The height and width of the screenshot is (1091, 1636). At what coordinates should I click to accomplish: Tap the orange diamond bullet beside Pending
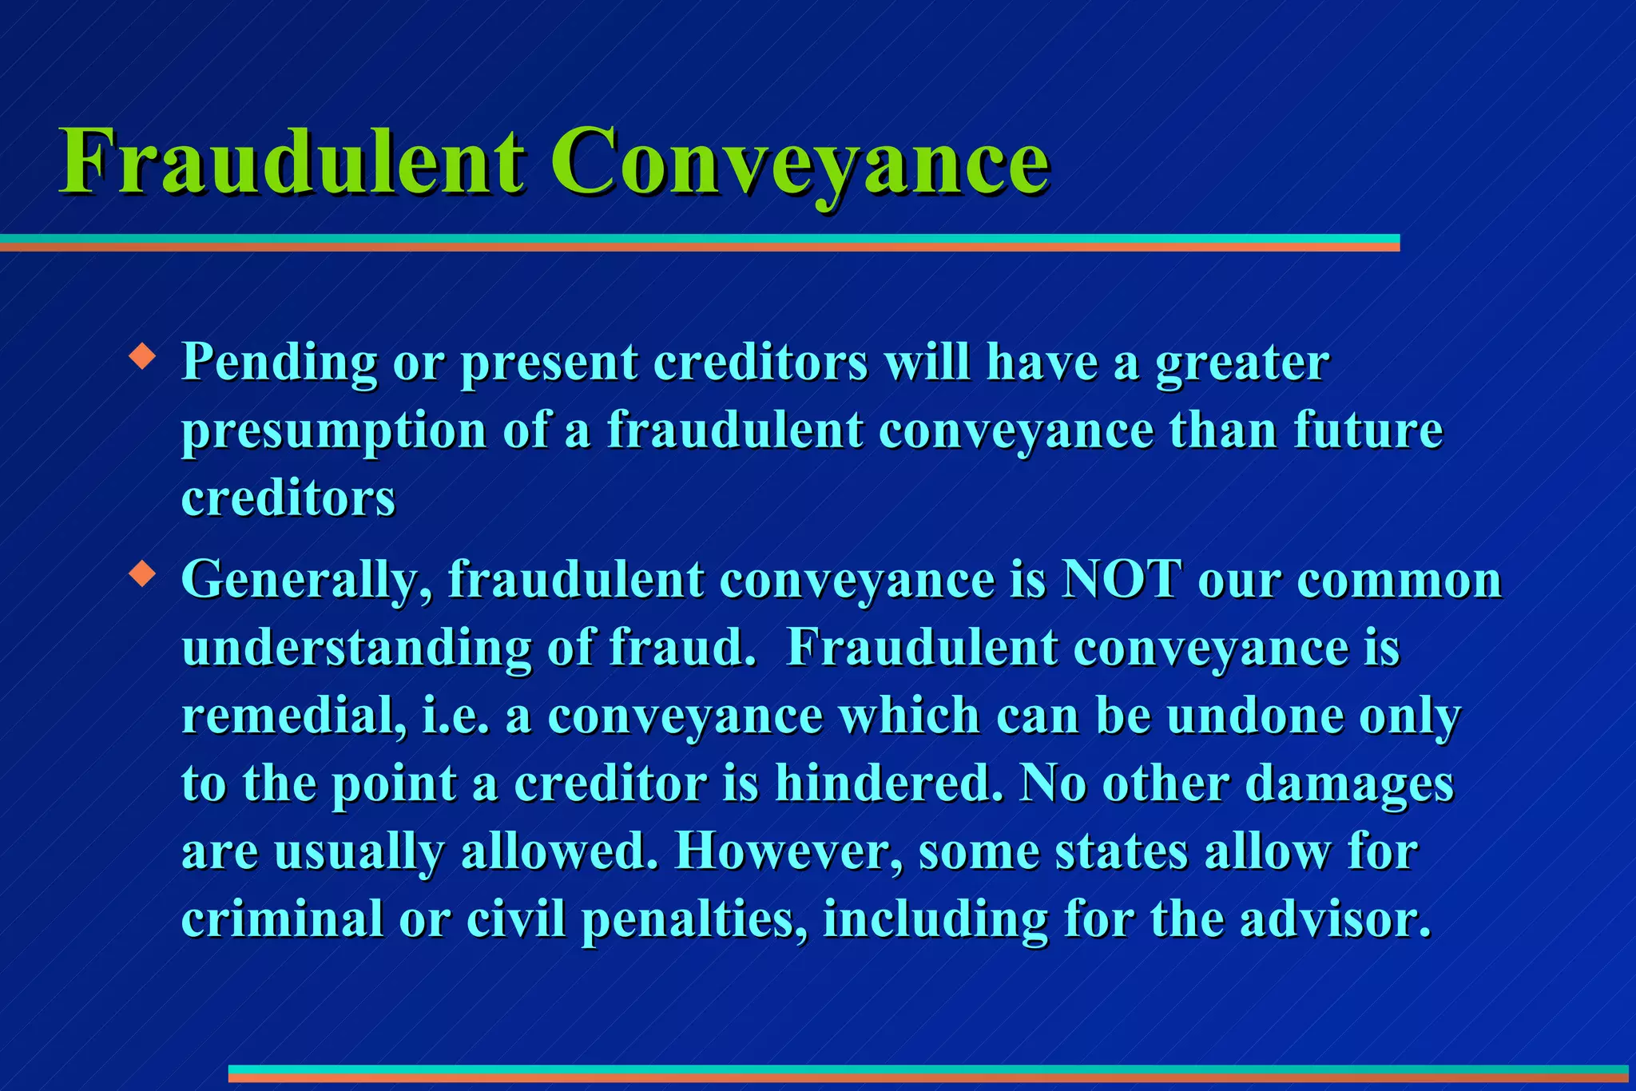click(x=142, y=355)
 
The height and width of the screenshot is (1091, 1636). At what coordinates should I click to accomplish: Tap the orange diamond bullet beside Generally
click(x=142, y=573)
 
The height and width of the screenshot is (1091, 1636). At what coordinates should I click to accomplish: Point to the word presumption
click(x=334, y=431)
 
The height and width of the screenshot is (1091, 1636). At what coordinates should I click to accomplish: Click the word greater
click(x=1242, y=363)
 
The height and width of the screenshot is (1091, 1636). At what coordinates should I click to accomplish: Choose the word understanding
click(x=356, y=649)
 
